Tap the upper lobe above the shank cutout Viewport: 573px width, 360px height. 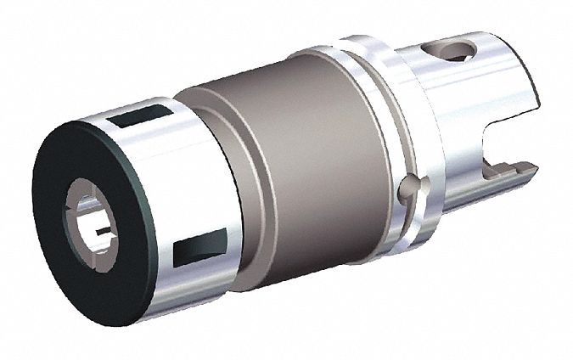tap(518, 102)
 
